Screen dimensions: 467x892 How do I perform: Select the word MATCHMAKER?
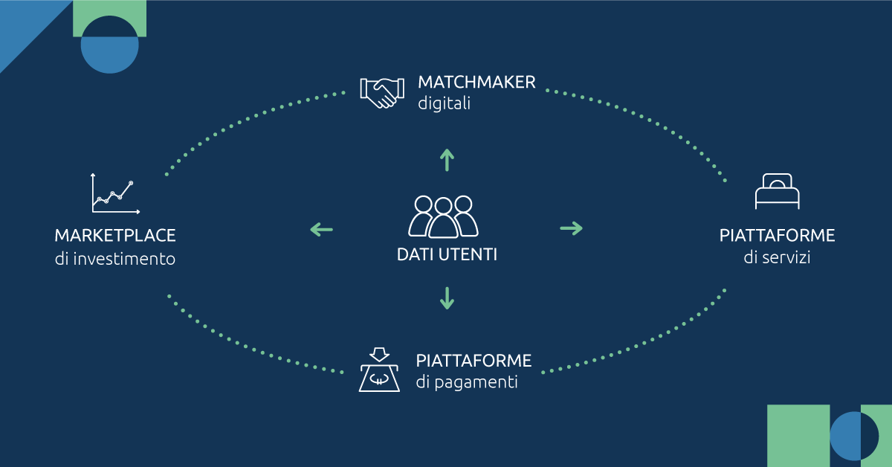pos(476,82)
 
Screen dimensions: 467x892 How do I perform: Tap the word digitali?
pos(444,103)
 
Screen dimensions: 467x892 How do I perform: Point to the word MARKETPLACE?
pos(115,236)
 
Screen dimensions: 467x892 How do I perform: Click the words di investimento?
pos(115,260)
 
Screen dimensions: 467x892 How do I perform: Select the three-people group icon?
pos(444,216)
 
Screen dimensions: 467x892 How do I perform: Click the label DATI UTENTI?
pos(447,254)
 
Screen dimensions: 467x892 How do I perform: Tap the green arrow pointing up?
pos(447,159)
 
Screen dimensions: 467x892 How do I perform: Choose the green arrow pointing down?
pos(447,297)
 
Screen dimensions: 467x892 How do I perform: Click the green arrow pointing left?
pos(321,229)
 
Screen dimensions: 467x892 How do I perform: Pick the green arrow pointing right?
pos(571,228)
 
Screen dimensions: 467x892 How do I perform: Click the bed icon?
pos(777,192)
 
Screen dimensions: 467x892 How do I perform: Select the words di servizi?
pos(777,259)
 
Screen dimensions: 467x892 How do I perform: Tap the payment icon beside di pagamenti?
pos(380,370)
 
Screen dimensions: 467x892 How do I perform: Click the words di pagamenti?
pos(467,383)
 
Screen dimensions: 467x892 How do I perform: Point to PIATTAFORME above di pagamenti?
pos(474,361)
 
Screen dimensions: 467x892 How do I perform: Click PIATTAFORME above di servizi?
pos(777,236)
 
